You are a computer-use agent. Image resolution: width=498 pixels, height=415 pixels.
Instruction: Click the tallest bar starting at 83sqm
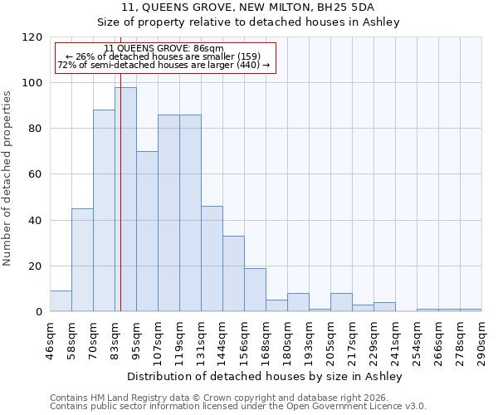(x=125, y=199)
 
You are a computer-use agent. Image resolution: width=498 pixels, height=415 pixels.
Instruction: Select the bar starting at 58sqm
(x=82, y=260)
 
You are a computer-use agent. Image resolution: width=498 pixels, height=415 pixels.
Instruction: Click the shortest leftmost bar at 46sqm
(x=61, y=301)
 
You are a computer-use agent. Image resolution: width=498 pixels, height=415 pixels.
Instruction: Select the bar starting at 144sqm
(x=233, y=274)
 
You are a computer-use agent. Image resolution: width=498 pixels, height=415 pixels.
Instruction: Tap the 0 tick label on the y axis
(x=39, y=312)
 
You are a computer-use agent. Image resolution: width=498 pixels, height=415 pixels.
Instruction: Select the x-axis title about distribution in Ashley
(x=266, y=376)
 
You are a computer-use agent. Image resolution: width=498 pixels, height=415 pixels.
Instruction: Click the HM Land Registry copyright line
(x=213, y=398)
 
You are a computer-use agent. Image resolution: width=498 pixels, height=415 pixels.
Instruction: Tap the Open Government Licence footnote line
(x=238, y=406)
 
